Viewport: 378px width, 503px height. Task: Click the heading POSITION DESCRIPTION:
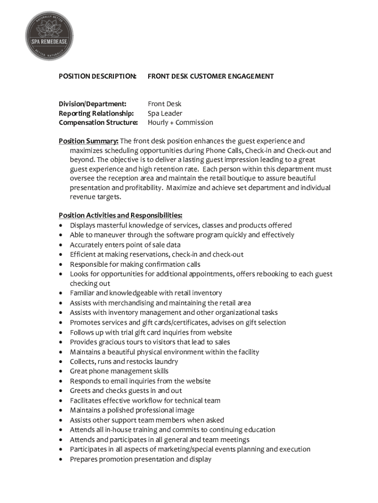[x=98, y=76]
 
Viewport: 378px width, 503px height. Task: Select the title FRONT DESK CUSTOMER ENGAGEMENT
[x=211, y=76]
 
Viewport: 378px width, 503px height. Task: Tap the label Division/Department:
[x=93, y=104]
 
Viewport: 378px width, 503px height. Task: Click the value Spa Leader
[x=165, y=113]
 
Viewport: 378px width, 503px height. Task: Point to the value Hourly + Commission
[x=180, y=122]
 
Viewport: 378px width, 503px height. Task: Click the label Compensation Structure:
[x=98, y=122]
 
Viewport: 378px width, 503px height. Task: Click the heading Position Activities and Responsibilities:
[x=121, y=215]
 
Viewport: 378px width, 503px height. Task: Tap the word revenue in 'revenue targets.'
[x=83, y=197]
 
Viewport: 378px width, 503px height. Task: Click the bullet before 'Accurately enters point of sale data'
[x=60, y=245]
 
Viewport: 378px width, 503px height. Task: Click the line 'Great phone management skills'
[x=119, y=371]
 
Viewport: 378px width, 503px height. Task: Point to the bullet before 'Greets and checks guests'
[x=60, y=391]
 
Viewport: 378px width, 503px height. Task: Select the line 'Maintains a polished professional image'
[x=132, y=410]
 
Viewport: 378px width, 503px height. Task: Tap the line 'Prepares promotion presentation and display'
[x=140, y=459]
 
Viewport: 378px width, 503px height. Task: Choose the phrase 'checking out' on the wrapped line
[x=90, y=283]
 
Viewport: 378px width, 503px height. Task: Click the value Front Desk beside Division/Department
[x=164, y=104]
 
